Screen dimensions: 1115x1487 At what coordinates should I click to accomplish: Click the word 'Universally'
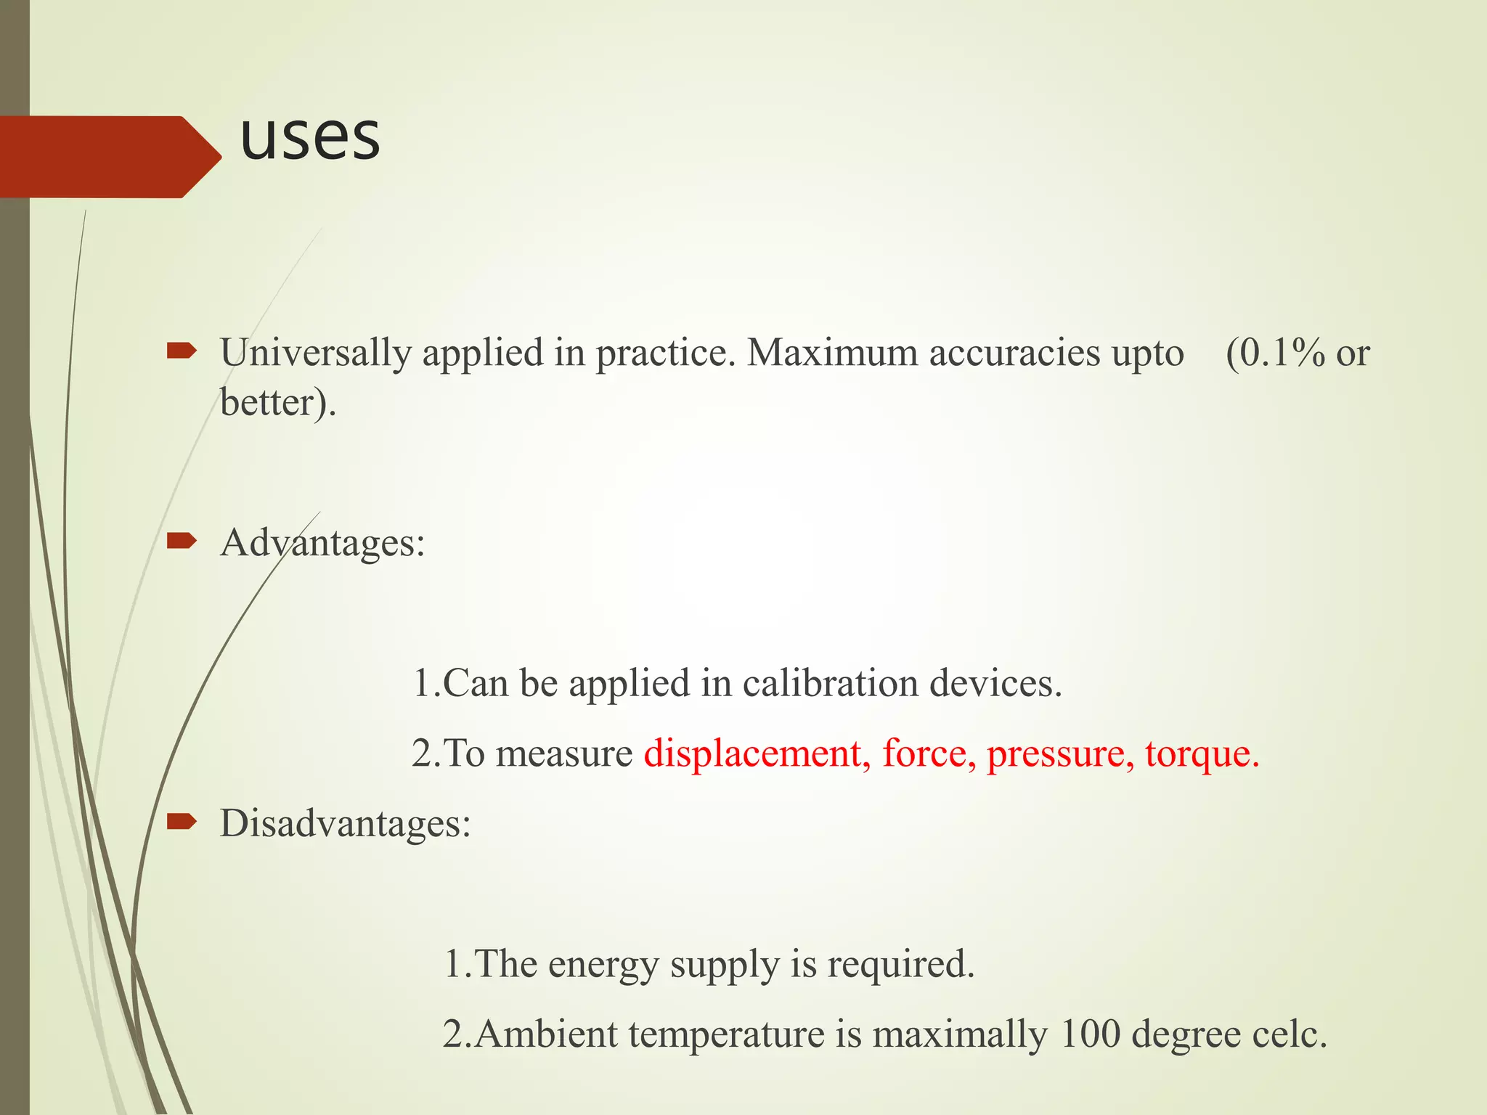[x=316, y=354]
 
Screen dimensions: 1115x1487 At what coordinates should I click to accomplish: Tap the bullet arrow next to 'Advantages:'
[x=182, y=541]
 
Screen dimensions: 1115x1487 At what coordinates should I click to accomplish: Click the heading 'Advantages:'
[x=322, y=543]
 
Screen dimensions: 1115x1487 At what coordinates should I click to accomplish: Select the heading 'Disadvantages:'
[x=346, y=824]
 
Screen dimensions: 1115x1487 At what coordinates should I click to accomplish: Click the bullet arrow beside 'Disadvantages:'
[x=182, y=822]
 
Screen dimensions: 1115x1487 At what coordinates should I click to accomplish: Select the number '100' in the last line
[x=1090, y=1034]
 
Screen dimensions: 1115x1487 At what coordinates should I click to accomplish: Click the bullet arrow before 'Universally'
[x=182, y=352]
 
